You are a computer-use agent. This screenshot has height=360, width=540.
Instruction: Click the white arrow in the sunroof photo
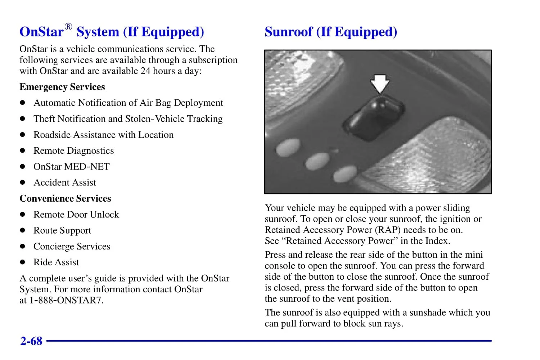coord(380,84)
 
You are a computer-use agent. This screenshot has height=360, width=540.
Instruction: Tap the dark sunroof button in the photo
coord(373,118)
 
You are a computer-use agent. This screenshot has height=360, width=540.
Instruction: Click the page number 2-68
coord(31,341)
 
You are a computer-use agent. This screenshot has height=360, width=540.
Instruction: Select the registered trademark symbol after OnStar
coord(68,27)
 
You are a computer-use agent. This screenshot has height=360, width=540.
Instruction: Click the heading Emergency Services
coord(62,87)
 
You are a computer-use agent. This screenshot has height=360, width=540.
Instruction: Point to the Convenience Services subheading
coord(65,199)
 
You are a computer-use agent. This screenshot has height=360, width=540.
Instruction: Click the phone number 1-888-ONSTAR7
coord(66,300)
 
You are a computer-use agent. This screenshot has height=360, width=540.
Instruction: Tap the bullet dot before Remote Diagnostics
coord(23,151)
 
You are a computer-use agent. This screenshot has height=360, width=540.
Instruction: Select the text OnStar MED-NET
coord(72,167)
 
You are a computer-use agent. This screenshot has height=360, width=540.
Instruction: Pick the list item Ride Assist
coord(56,262)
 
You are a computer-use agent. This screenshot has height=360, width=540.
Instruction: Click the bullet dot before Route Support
coord(23,230)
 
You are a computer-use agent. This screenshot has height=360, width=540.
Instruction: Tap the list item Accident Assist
coord(65,183)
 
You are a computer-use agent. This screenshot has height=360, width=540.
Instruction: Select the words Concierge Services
coord(72,247)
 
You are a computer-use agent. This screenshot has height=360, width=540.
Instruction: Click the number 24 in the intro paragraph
coord(145,71)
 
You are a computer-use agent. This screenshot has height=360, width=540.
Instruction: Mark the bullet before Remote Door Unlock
coord(23,215)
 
